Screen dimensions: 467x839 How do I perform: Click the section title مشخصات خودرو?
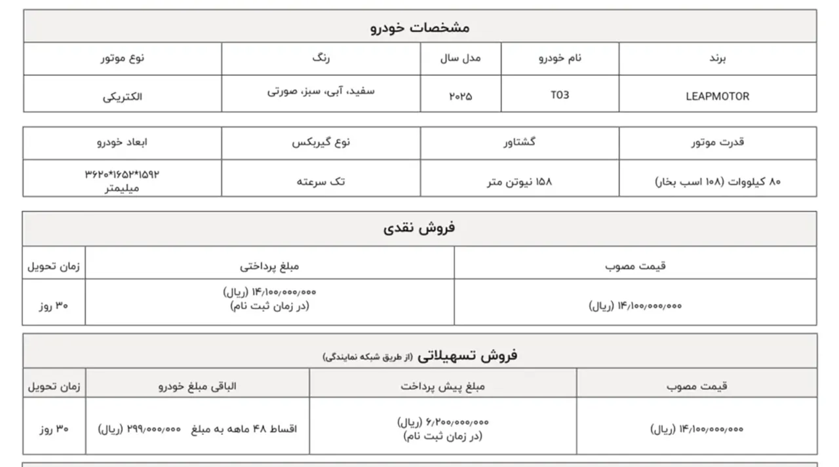[419, 28]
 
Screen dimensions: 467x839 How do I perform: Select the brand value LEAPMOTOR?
[717, 96]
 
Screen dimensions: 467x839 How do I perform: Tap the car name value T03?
[560, 95]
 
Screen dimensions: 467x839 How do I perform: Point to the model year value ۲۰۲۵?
[460, 96]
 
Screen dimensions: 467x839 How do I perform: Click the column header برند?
[718, 58]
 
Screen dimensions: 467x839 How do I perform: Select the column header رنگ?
[321, 58]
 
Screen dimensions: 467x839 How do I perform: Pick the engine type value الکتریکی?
[123, 96]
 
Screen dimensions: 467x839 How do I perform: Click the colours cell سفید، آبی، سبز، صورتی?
[321, 92]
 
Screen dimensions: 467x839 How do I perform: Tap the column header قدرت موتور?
[718, 142]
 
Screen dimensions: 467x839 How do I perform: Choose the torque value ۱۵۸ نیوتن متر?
[519, 181]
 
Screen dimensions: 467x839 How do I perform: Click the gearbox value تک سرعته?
[321, 181]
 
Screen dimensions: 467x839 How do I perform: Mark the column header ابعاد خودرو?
[123, 142]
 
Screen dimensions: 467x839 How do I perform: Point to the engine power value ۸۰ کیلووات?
[718, 181]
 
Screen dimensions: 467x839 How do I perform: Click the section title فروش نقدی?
[419, 228]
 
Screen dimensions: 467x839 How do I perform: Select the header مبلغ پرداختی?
[269, 266]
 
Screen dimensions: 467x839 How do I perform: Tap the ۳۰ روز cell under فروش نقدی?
[54, 305]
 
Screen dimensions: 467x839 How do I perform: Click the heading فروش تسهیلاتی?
[467, 355]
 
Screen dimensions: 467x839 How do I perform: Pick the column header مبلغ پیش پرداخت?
[443, 386]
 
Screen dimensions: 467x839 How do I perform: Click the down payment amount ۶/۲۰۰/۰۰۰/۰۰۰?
[443, 422]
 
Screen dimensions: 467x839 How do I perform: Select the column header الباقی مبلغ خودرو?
[197, 386]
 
